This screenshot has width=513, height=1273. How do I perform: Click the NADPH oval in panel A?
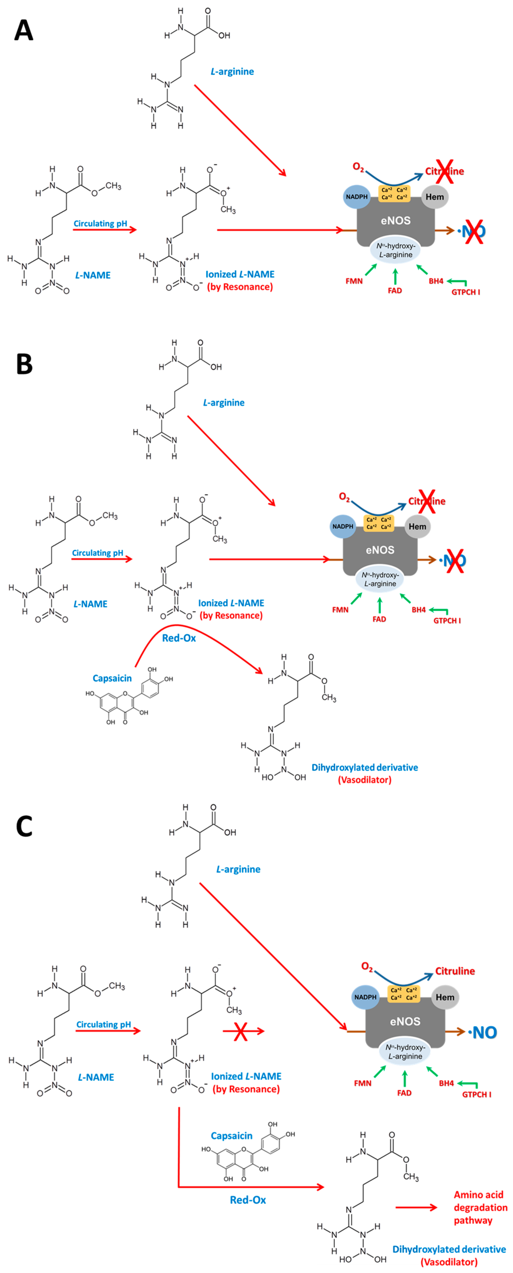click(x=357, y=197)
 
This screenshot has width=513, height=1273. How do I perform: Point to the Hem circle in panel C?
click(x=445, y=997)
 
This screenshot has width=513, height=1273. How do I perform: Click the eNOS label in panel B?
click(x=380, y=550)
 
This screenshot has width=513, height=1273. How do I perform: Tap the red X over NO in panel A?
click(x=474, y=230)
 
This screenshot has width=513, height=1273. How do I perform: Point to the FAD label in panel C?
click(x=404, y=1093)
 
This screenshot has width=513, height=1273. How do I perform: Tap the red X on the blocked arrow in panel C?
click(x=241, y=1031)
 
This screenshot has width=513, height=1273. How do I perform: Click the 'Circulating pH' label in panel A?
click(x=101, y=223)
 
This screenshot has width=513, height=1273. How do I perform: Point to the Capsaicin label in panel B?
click(x=112, y=678)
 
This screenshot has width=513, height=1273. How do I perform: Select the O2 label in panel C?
click(x=367, y=967)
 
